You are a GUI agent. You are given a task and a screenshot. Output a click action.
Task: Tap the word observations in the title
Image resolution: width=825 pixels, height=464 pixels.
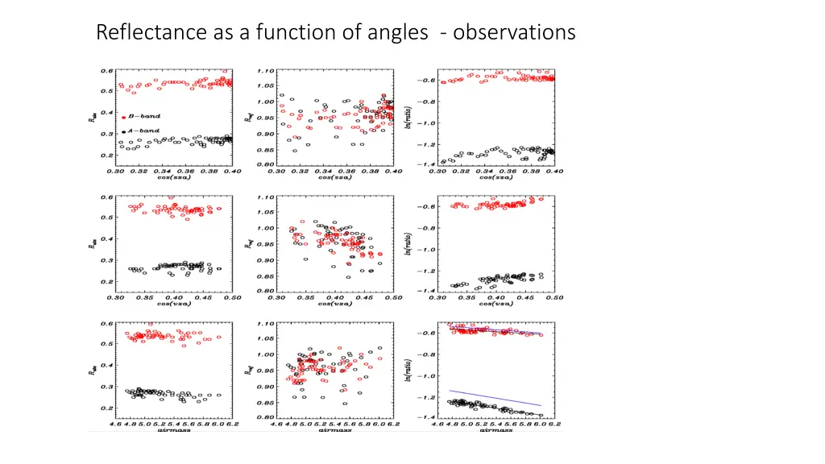click(514, 33)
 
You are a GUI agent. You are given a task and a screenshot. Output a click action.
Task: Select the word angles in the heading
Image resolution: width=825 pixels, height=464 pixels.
click(400, 33)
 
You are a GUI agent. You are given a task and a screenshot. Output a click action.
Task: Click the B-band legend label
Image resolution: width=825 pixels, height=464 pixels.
click(143, 117)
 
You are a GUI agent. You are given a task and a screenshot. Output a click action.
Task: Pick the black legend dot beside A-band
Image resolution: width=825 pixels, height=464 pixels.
click(123, 131)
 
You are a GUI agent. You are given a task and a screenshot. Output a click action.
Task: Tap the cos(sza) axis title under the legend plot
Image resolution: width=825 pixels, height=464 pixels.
click(173, 177)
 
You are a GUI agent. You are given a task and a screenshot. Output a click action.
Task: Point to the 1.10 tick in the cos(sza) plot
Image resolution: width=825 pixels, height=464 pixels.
click(266, 70)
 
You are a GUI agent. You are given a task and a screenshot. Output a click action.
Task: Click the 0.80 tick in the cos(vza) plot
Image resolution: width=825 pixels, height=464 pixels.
click(266, 291)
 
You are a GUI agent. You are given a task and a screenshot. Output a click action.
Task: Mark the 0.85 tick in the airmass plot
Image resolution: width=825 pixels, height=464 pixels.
click(266, 402)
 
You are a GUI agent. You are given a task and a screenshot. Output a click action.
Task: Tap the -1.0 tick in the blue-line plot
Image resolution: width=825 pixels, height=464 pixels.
click(425, 376)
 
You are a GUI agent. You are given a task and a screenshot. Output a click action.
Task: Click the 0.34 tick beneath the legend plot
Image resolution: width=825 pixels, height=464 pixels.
click(162, 171)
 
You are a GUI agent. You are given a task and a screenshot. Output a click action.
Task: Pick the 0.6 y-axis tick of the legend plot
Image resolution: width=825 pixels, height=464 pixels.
click(106, 70)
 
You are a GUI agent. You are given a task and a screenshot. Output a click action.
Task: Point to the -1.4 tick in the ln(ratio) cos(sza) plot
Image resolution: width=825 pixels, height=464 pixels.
click(425, 164)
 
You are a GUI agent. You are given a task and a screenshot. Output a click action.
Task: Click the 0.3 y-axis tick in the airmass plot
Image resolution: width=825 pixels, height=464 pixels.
click(106, 387)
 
